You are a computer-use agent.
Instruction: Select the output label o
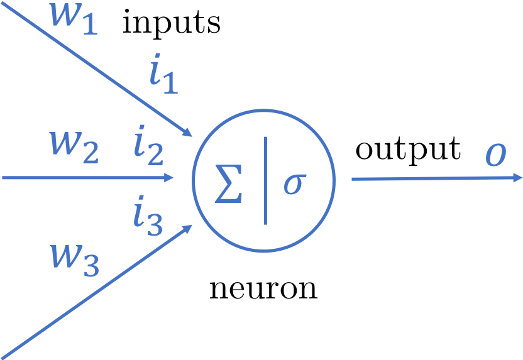[x=495, y=156]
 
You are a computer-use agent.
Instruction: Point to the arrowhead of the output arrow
[x=517, y=178]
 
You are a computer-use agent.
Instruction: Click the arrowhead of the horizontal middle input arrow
[x=169, y=178]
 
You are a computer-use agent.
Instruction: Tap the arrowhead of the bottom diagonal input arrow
[x=187, y=230]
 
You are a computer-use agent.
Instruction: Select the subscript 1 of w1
[x=89, y=25]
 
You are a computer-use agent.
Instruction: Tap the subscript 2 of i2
[x=155, y=153]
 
